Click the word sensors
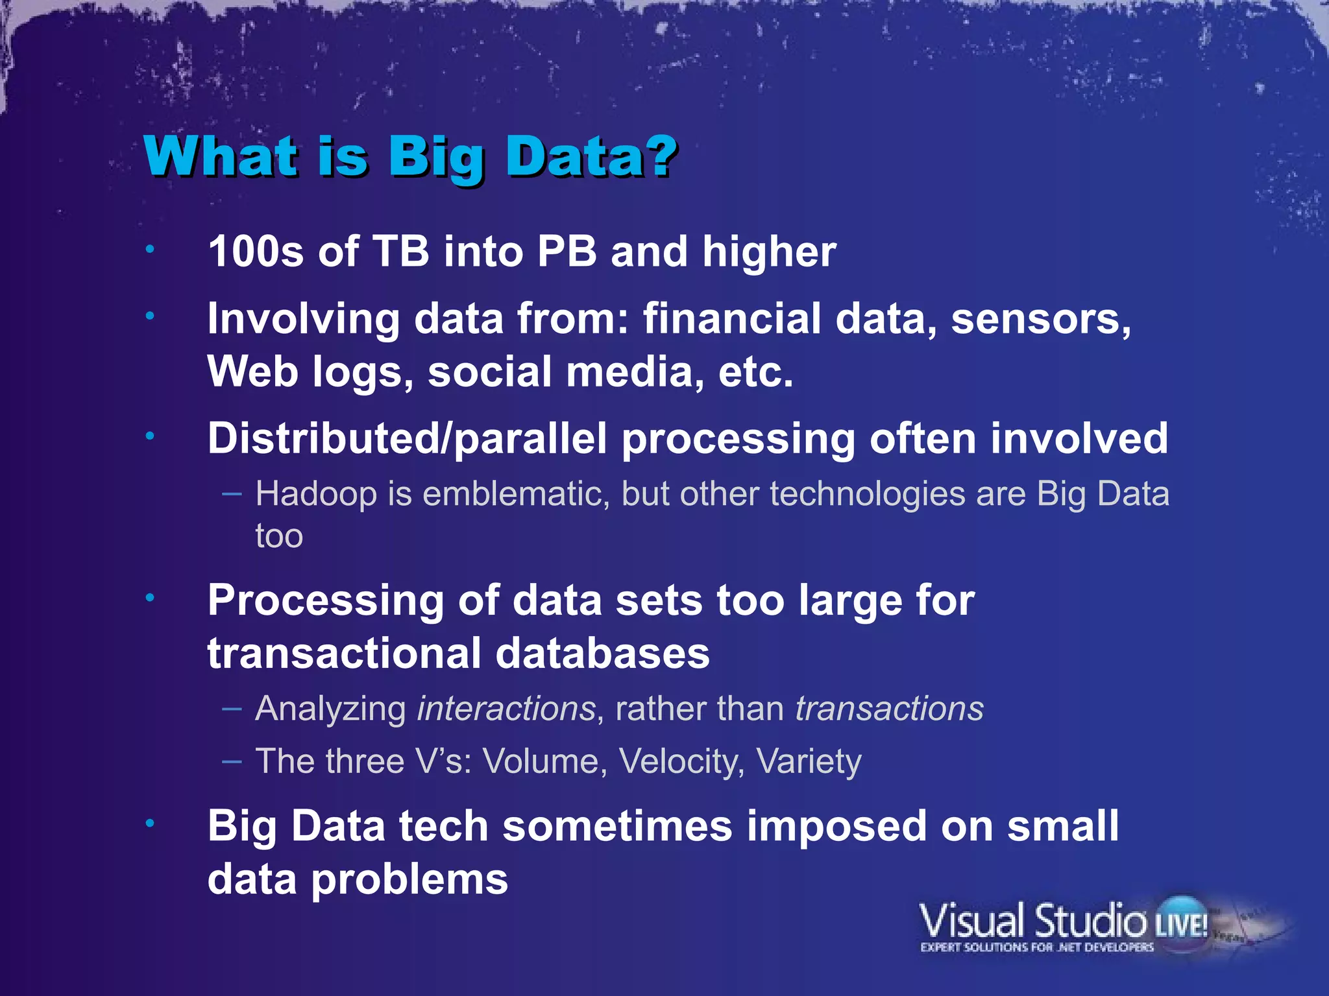1040,319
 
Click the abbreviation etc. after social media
755,372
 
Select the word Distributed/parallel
407,439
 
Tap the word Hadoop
316,494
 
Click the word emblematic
516,494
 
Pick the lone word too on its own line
279,536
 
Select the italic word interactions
506,708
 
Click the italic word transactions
889,708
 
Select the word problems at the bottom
409,880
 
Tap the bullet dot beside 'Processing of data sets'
150,598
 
